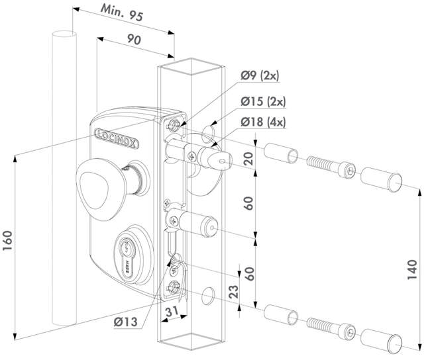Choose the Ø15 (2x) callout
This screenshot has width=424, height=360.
pos(262,101)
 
